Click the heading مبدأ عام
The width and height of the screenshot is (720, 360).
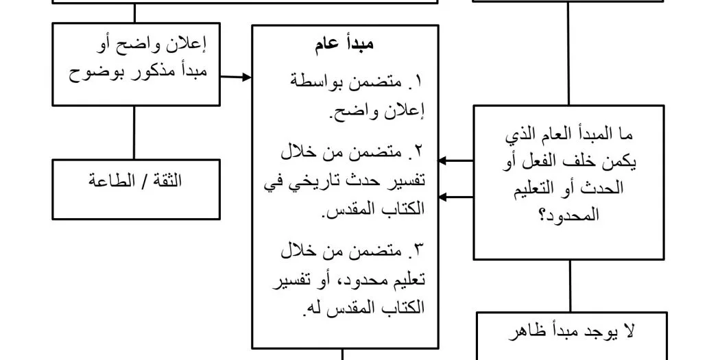pos(345,45)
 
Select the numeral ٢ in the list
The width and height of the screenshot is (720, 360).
pos(418,151)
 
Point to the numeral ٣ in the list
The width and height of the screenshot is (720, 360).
pos(418,250)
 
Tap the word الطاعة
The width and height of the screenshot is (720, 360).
pos(113,182)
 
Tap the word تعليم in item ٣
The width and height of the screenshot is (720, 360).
pos(408,280)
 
